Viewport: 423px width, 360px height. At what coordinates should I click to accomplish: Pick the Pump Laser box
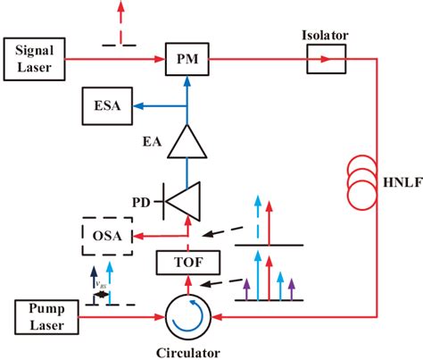click(x=46, y=314)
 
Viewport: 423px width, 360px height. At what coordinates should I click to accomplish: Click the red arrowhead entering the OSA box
click(x=135, y=236)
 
